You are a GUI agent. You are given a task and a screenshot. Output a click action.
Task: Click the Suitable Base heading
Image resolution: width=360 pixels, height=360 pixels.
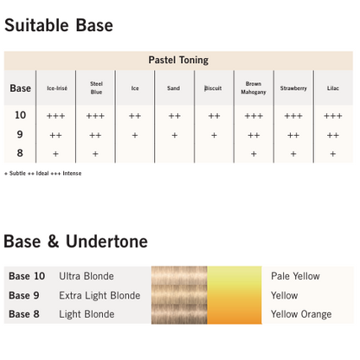pos(58,25)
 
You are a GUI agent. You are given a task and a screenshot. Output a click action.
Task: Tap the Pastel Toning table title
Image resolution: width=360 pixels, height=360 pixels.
pos(178,61)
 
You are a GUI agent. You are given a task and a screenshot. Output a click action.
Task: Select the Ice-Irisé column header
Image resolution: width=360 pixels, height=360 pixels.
pos(56,88)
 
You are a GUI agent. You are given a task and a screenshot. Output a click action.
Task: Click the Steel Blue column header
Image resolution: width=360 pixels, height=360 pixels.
pos(95,87)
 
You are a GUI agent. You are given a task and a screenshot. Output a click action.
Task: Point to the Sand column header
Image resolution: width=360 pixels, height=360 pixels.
pos(174,88)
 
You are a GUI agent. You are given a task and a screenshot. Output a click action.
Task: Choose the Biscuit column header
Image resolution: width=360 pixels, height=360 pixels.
pos(214,88)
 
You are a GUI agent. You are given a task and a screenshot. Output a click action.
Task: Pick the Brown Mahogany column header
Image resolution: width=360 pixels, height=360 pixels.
pos(254,87)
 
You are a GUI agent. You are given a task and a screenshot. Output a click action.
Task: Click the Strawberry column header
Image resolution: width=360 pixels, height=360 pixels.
pos(293,88)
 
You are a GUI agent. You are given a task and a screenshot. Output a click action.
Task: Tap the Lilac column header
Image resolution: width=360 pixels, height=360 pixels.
pos(333,88)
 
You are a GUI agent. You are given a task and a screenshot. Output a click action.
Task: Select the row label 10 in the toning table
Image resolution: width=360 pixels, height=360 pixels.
pos(21,115)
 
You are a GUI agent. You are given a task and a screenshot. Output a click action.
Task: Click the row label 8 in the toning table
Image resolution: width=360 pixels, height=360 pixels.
pos(21,153)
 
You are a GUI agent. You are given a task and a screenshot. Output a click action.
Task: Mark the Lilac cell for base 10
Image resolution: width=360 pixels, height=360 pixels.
pos(333,116)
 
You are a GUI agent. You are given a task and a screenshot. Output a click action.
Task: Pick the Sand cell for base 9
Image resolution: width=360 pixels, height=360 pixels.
pos(174,135)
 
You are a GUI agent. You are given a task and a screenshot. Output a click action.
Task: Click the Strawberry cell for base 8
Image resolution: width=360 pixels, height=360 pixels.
pos(293,154)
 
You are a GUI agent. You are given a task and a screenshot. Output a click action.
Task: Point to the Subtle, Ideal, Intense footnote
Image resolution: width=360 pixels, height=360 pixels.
pos(42,173)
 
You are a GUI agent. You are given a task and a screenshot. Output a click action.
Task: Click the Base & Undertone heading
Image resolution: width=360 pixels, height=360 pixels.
pos(75,241)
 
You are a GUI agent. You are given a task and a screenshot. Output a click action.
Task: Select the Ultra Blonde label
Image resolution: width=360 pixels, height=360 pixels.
pos(87,277)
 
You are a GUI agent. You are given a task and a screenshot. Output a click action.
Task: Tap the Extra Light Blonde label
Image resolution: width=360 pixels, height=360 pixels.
pos(100,295)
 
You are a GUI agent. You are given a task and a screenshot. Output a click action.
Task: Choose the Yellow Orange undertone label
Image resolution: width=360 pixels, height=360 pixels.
pos(300,314)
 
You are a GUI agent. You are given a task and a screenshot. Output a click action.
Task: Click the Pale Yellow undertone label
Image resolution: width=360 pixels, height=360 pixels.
pos(295,277)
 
